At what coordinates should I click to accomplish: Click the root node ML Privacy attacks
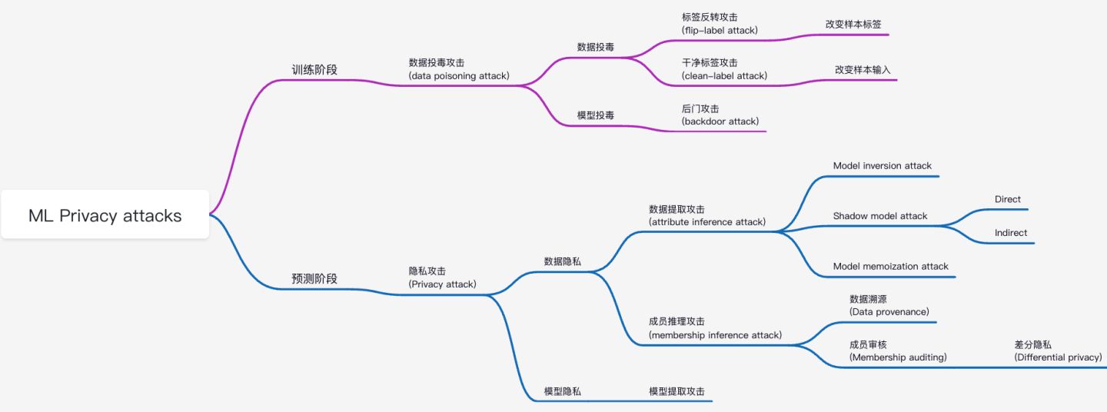pyautogui.click(x=105, y=215)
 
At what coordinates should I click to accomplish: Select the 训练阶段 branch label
pyautogui.click(x=314, y=69)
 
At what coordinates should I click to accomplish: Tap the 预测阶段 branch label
pyautogui.click(x=314, y=278)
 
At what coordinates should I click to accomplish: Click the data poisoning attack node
pyautogui.click(x=459, y=70)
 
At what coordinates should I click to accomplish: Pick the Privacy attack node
pyautogui.click(x=442, y=277)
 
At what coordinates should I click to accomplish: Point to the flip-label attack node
pyautogui.click(x=720, y=24)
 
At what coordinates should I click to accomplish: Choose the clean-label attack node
pyautogui.click(x=724, y=69)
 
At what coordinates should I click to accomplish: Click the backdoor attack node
pyautogui.click(x=720, y=115)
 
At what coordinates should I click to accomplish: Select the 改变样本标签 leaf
pyautogui.click(x=853, y=24)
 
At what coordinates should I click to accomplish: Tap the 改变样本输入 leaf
pyautogui.click(x=863, y=69)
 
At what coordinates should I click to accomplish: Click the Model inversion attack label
pyautogui.click(x=882, y=165)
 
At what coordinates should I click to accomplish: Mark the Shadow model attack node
pyautogui.click(x=880, y=216)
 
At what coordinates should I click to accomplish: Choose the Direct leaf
pyautogui.click(x=1008, y=199)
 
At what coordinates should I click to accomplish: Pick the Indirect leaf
pyautogui.click(x=1011, y=233)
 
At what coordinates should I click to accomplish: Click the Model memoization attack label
pyautogui.click(x=891, y=266)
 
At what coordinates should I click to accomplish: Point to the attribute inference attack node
pyautogui.click(x=707, y=215)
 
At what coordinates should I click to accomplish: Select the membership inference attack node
pyautogui.click(x=715, y=328)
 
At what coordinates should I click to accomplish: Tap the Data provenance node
pyautogui.click(x=889, y=305)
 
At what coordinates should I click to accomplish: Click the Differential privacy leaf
pyautogui.click(x=1058, y=351)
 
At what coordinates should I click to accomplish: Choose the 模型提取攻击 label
pyautogui.click(x=676, y=391)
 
